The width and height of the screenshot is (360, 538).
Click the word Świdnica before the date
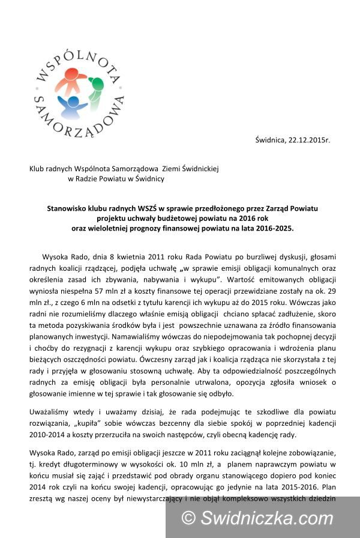(x=272, y=140)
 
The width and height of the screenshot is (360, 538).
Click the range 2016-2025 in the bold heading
(x=272, y=228)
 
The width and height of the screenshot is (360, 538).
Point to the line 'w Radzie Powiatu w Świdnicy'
(x=116, y=178)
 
